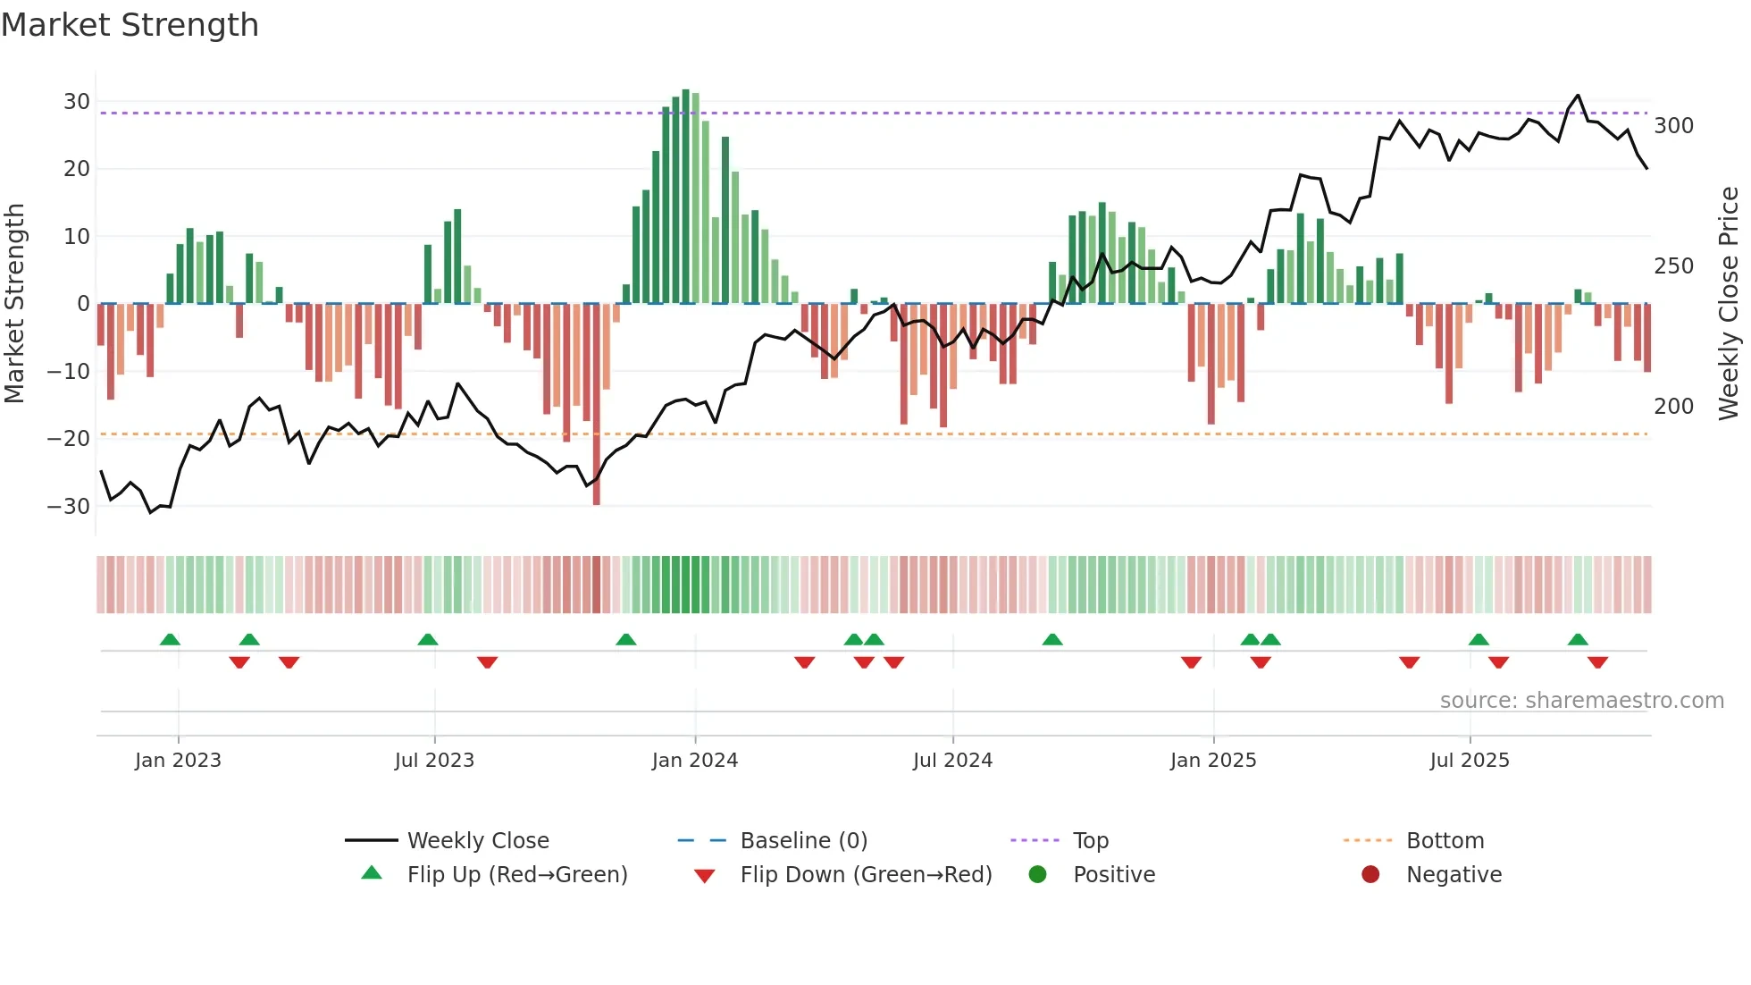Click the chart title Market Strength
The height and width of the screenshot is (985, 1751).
pos(130,25)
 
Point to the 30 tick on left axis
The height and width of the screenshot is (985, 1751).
pos(77,102)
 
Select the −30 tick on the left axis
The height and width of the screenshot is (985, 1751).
pos(69,507)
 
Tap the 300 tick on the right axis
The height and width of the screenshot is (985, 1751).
pos(1673,126)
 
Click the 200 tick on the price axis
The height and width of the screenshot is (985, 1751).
pos(1673,407)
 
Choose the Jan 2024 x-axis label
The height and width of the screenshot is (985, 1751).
pos(694,761)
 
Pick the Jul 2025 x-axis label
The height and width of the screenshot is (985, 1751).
pos(1469,761)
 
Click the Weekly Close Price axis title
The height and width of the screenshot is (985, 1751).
pos(1729,304)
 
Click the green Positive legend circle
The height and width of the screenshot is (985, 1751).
pos(1037,874)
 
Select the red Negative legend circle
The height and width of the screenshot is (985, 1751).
pos(1370,874)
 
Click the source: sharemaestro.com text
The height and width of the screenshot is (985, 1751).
pos(1581,701)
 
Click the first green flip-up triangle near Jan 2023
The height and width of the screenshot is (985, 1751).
pos(170,639)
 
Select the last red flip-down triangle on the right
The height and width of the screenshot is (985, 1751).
pos(1597,662)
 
